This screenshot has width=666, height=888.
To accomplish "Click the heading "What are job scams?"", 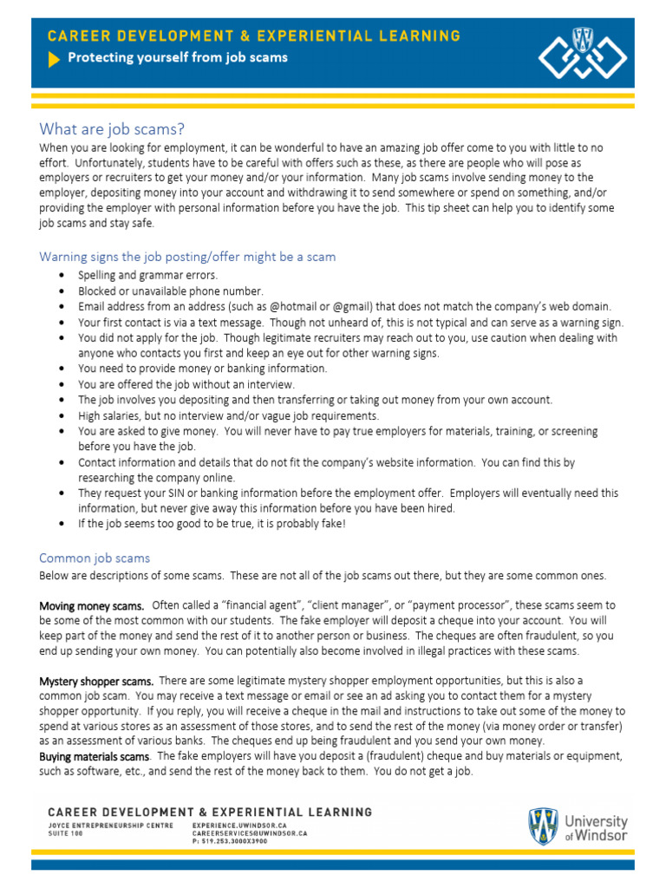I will coord(112,129).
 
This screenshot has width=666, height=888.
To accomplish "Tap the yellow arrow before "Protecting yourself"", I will coord(54,58).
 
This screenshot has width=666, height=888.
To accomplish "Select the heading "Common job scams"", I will coord(95,558).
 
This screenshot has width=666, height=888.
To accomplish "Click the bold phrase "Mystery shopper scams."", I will coord(96,681).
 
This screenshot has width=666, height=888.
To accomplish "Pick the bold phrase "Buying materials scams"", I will coord(94,757).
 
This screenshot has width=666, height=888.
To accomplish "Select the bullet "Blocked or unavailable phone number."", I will coord(170,291).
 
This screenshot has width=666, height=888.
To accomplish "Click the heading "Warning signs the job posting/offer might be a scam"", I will coord(187,257).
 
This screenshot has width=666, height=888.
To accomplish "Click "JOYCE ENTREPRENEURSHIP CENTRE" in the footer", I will coord(110,826).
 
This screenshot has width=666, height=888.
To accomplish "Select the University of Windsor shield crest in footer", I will coord(543,827).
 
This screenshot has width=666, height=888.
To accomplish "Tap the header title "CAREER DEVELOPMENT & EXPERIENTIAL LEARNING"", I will coord(253,36).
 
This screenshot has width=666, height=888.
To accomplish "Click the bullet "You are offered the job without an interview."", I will coord(186,384).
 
